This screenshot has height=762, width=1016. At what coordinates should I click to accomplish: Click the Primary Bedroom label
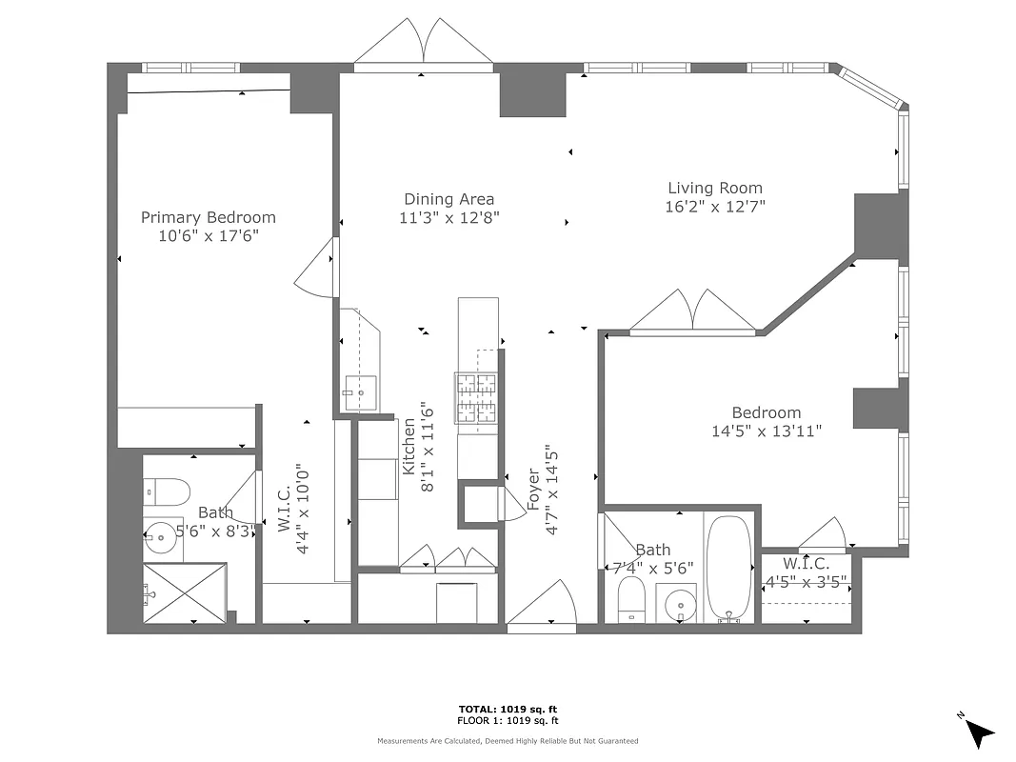click(209, 217)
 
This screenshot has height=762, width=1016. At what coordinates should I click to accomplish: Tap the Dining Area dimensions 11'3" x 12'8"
click(449, 217)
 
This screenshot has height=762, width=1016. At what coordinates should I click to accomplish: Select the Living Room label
click(714, 189)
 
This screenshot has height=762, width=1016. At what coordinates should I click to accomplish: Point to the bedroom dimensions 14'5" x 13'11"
click(766, 431)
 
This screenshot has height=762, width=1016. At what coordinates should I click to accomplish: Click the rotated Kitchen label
click(409, 448)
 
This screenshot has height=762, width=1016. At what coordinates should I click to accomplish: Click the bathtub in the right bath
click(730, 568)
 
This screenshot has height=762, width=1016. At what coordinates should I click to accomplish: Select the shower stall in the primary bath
click(186, 592)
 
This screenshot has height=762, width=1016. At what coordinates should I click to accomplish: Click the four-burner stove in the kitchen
click(477, 397)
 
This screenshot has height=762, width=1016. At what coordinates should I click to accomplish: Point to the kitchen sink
click(360, 391)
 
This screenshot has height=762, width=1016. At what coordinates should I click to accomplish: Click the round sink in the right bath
click(680, 604)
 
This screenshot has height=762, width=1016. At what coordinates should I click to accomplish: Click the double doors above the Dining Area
click(424, 43)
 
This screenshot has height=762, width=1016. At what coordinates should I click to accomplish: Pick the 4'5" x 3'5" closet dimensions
click(807, 579)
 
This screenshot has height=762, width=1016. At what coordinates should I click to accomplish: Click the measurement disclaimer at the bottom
click(508, 740)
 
